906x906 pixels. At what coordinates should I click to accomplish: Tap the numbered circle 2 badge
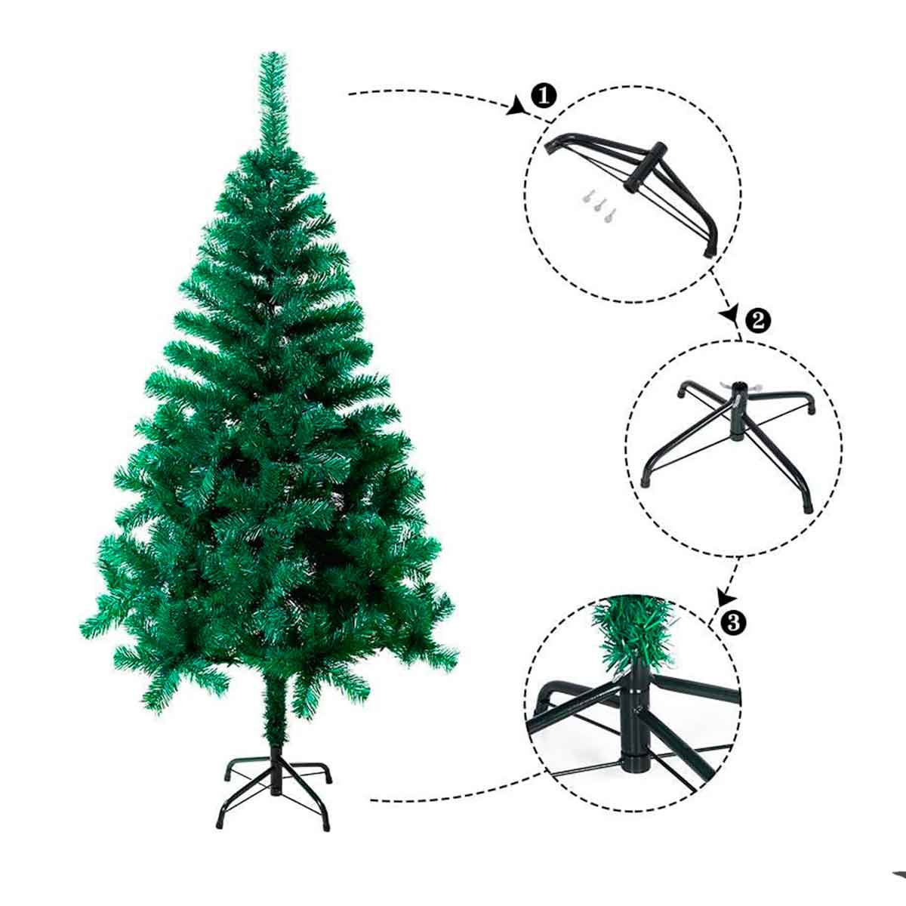point(758,321)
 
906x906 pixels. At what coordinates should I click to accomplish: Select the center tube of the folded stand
point(643,168)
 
